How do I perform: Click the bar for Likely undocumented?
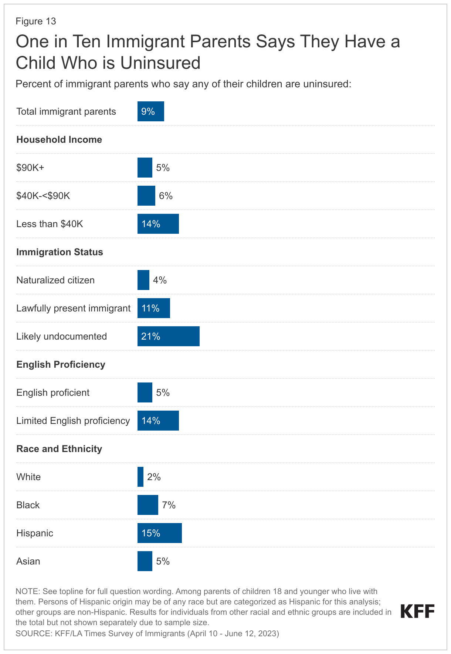point(168,336)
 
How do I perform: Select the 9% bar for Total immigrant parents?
point(150,111)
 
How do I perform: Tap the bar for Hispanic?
point(159,533)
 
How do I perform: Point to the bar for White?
point(140,477)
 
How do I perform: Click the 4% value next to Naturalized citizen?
point(160,280)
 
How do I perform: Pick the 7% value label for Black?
point(169,505)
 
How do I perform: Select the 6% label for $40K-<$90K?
point(166,196)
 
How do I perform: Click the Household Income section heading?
point(59,139)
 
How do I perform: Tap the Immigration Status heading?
point(60,252)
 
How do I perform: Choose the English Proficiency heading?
point(61,364)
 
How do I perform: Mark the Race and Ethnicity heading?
point(59,449)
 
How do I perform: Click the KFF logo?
point(417,611)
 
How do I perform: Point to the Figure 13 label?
point(36,21)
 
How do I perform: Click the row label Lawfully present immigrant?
point(73,308)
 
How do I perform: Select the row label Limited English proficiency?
point(73,421)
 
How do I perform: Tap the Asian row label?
point(28,561)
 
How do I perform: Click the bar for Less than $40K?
point(158,224)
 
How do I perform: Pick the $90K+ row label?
point(30,168)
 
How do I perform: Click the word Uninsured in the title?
point(160,63)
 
